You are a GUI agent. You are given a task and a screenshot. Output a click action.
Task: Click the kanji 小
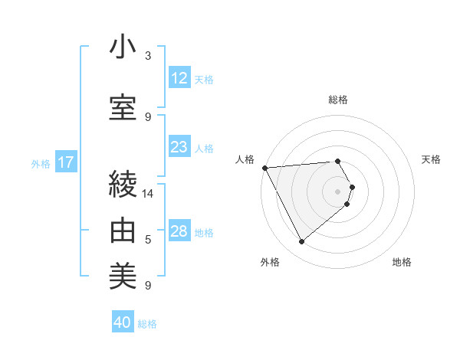pyautogui.click(x=123, y=47)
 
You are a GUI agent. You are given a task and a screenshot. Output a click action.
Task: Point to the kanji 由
pyautogui.click(x=123, y=230)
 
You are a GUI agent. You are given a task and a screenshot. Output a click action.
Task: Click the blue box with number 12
pyautogui.click(x=179, y=78)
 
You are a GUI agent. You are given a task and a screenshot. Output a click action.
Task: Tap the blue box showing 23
pyautogui.click(x=179, y=147)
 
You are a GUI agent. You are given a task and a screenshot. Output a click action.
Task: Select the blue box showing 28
pyautogui.click(x=179, y=231)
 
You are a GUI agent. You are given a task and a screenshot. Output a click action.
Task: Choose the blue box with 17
pyautogui.click(x=65, y=162)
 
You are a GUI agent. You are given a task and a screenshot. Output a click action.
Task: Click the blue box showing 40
pyautogui.click(x=123, y=322)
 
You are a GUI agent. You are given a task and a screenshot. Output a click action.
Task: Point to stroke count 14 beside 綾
pyautogui.click(x=148, y=194)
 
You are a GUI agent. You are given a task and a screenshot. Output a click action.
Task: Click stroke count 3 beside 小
pyautogui.click(x=148, y=56)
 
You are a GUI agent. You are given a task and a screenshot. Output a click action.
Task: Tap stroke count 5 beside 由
pyautogui.click(x=148, y=240)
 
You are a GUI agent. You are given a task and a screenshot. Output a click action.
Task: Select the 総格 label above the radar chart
pyautogui.click(x=338, y=100)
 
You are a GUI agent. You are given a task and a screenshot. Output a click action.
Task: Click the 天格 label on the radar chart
pyautogui.click(x=431, y=159)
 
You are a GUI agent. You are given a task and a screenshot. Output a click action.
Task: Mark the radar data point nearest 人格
pyautogui.click(x=264, y=168)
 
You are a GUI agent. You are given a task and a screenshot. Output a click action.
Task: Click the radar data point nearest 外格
pyautogui.click(x=301, y=242)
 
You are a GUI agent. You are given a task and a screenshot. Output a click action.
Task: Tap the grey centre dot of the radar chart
pyautogui.click(x=338, y=191)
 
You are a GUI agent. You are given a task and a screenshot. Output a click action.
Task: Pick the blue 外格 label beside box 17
pyautogui.click(x=41, y=163)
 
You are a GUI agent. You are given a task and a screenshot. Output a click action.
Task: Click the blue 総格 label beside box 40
pyautogui.click(x=147, y=323)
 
